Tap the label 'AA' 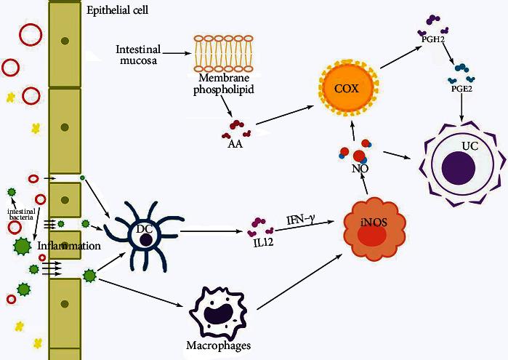click(x=236, y=144)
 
